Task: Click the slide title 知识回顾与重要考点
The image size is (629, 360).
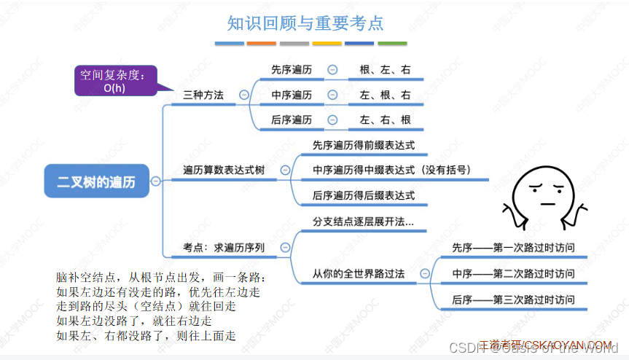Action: [305, 23]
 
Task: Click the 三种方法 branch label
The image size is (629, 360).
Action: [203, 95]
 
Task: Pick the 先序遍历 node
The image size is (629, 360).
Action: [291, 70]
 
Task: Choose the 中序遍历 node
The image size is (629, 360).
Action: [291, 95]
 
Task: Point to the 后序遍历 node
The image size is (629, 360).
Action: [291, 120]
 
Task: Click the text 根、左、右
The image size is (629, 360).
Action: [385, 70]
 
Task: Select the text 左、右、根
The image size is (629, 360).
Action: [385, 120]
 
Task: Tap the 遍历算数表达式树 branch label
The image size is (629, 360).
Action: [224, 170]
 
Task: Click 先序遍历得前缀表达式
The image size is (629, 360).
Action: [363, 145]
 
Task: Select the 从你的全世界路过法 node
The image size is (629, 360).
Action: [358, 274]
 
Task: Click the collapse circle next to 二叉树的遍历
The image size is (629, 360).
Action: [156, 181]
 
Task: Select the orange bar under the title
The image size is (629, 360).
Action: [262, 44]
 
